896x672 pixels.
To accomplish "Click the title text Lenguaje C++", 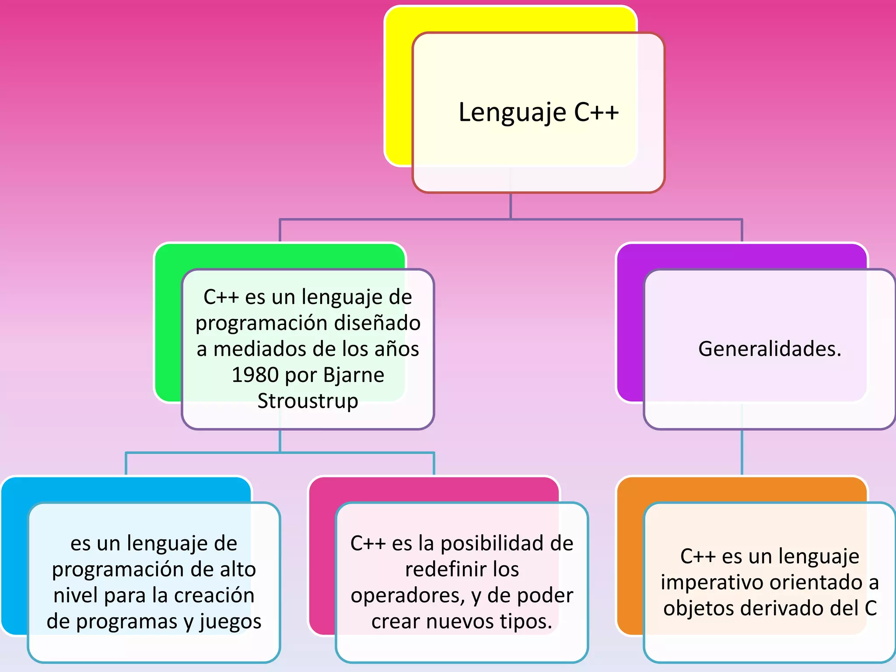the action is (x=538, y=112).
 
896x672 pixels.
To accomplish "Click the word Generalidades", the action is (x=769, y=349).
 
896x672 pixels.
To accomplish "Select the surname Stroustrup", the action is (x=308, y=401).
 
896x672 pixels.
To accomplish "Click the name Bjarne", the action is (x=353, y=375).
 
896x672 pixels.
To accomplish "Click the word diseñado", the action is (x=371, y=323).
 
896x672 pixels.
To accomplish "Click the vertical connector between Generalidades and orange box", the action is (x=742, y=453).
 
